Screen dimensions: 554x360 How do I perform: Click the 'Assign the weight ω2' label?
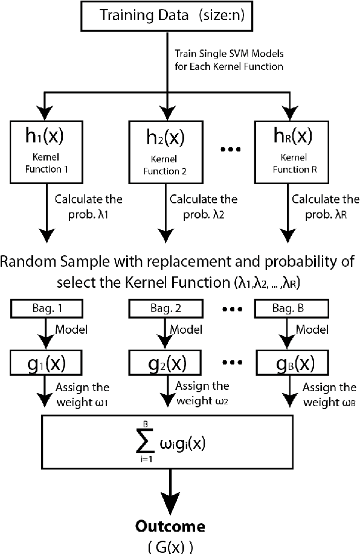(199, 392)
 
